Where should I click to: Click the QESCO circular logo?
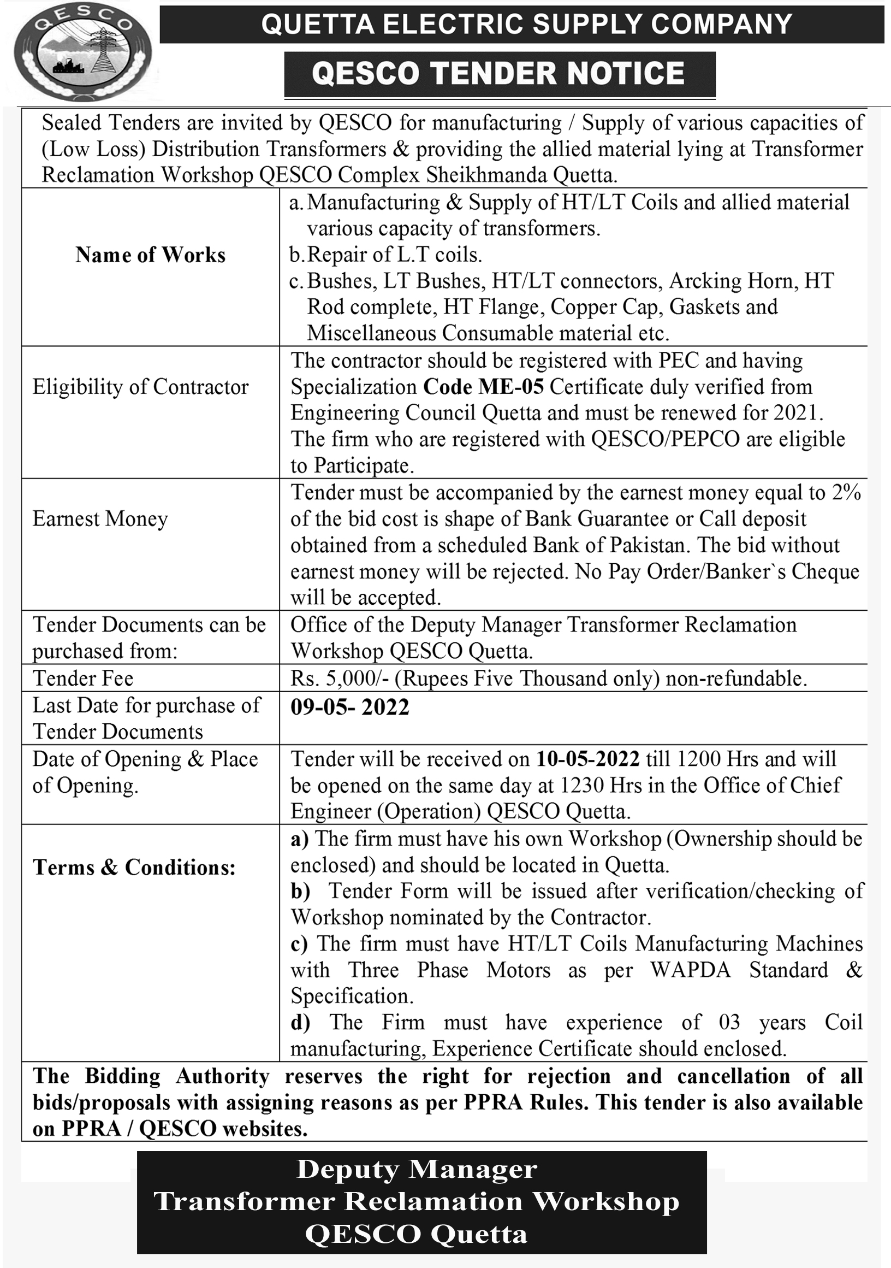(83, 52)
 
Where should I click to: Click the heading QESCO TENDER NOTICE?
(498, 74)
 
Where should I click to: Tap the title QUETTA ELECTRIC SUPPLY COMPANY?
(526, 24)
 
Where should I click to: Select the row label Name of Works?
(150, 255)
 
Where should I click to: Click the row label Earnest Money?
(100, 519)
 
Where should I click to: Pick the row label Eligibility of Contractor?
(140, 387)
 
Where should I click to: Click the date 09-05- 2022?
(349, 707)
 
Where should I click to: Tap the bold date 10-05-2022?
(587, 759)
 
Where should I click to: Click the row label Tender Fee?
(83, 678)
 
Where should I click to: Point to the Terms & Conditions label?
(134, 868)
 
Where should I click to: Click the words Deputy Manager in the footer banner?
(417, 1169)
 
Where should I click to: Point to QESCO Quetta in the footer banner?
(417, 1234)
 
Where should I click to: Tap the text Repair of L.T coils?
(394, 255)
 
